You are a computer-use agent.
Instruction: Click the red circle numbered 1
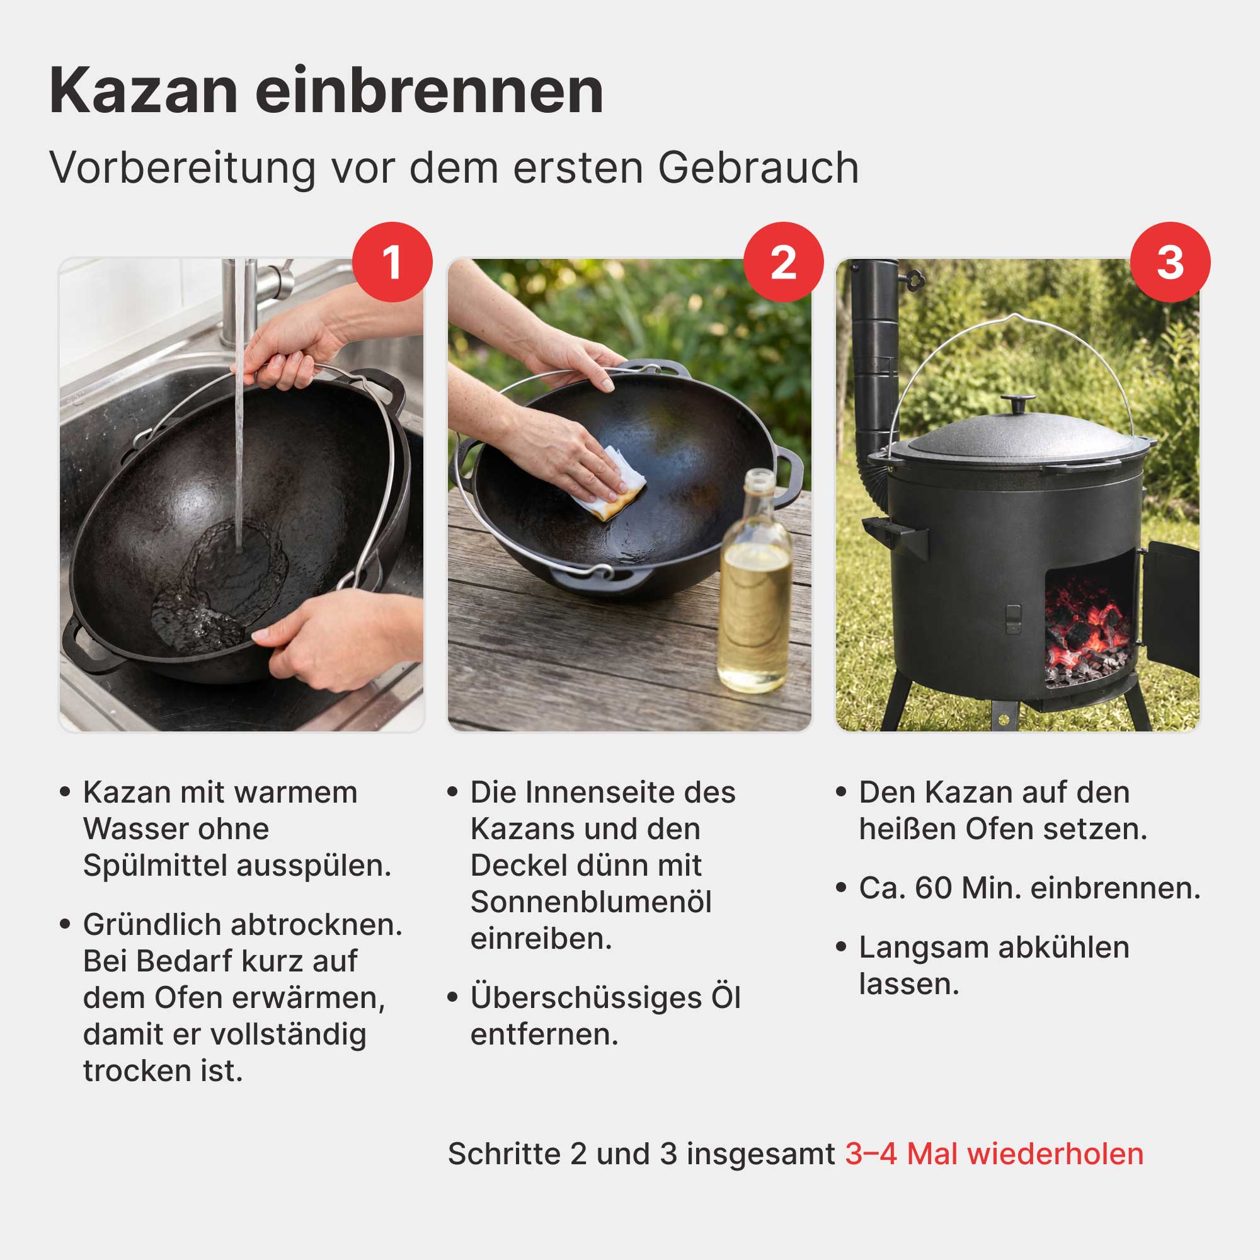(392, 262)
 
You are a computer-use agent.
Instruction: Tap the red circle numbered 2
(783, 262)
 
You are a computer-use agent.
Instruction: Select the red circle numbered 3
(1170, 262)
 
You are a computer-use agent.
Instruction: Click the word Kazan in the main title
(144, 91)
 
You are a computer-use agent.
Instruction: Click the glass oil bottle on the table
(755, 580)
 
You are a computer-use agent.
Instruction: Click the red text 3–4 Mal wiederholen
(994, 1154)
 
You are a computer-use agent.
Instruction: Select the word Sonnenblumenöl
(591, 902)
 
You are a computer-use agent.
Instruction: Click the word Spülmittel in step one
(154, 866)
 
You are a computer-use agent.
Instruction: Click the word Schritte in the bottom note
(504, 1154)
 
